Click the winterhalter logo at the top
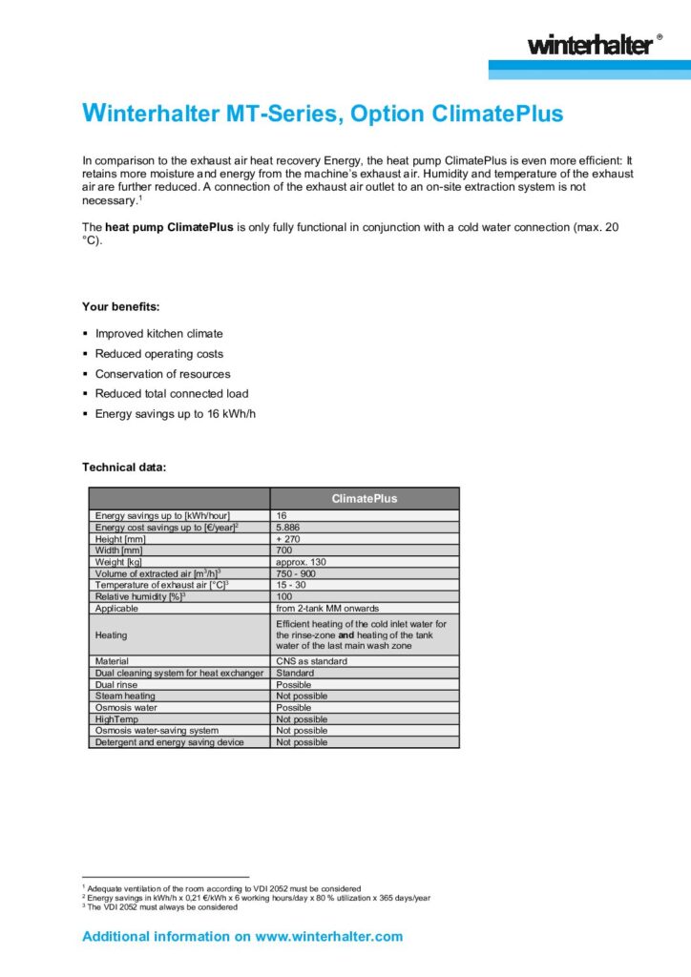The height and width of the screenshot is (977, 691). coord(591,44)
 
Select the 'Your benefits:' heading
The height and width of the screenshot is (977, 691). coord(121,307)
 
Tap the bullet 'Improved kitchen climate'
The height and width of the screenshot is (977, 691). coord(158,334)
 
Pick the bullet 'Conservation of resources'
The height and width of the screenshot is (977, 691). coord(162,374)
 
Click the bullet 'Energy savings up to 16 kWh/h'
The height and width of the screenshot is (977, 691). coord(176,413)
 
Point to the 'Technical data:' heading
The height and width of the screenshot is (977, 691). coord(124,468)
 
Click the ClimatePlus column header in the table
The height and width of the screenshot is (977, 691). coord(365,498)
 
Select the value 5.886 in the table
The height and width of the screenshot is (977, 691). coord(290,528)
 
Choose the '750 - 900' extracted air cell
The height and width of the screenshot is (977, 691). coord(296,573)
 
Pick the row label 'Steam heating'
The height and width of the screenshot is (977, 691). coord(125,696)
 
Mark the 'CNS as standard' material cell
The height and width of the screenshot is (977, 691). coord(311,661)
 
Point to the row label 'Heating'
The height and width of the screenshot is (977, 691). coord(111,634)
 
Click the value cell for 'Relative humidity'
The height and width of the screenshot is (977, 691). coord(284,596)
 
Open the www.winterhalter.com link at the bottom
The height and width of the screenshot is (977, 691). coord(328,937)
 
